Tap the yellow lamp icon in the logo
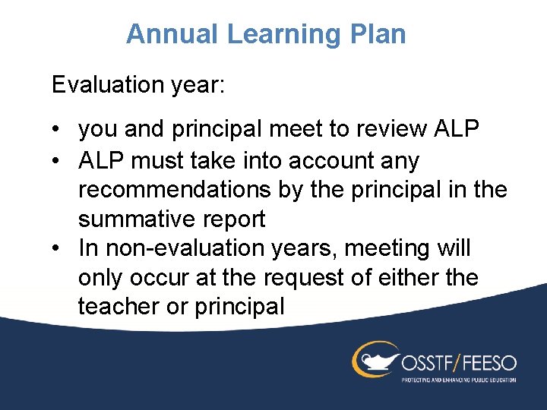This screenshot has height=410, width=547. [375, 358]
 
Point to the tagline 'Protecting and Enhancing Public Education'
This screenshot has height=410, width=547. [458, 379]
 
